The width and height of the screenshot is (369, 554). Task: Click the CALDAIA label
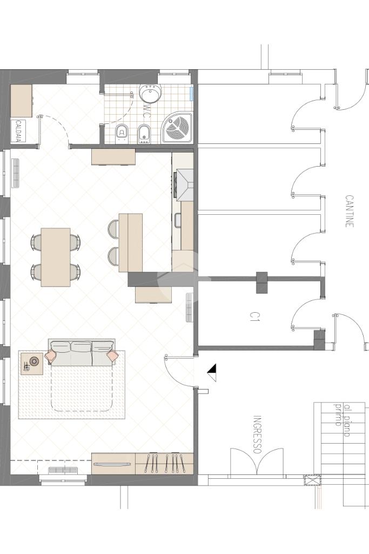point(18,131)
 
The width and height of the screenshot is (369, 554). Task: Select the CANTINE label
point(349,211)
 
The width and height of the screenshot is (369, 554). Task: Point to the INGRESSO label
point(258,435)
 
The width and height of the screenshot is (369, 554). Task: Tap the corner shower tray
point(177,128)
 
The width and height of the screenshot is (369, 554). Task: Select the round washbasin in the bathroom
point(151,94)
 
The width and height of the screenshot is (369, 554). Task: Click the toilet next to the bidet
point(122,134)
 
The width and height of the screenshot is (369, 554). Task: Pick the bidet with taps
point(143,134)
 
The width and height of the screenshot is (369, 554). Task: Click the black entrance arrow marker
point(212,373)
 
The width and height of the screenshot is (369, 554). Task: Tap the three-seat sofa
point(82,352)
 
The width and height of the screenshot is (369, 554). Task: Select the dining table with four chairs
point(56,257)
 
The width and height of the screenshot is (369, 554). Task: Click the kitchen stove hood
point(184,185)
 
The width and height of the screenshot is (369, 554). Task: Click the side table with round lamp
point(32,363)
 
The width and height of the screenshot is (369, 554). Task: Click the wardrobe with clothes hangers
point(164,464)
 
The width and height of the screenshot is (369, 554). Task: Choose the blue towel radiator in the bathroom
point(192,94)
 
